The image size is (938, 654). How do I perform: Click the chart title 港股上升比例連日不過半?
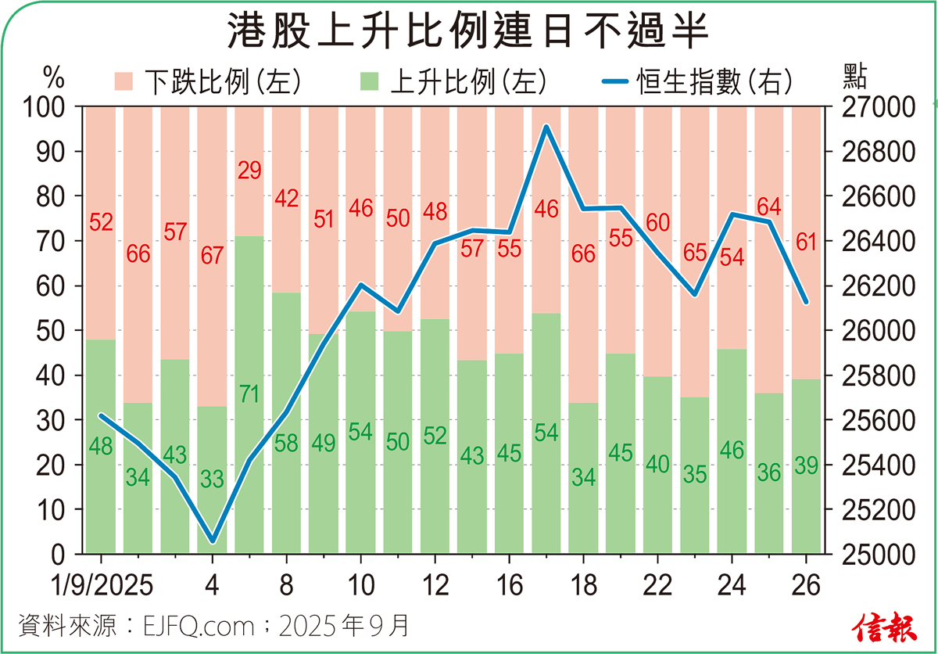[x=468, y=33]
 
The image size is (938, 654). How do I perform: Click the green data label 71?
[x=249, y=395]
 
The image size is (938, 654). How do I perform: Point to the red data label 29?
[x=249, y=171]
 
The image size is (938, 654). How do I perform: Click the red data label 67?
[x=213, y=256]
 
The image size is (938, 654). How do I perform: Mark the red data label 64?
[x=770, y=207]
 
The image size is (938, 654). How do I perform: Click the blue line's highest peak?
[x=547, y=126]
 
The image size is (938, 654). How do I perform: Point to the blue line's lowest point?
[x=213, y=541]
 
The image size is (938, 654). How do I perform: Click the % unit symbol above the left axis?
[x=53, y=78]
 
